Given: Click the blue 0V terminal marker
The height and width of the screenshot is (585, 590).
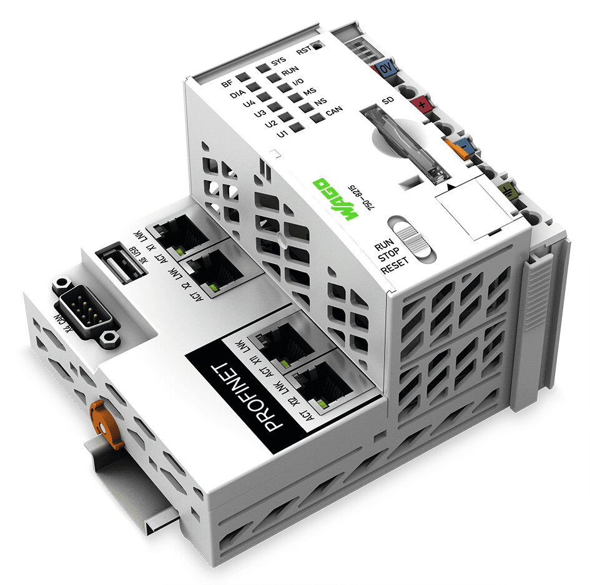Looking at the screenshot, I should (385, 67).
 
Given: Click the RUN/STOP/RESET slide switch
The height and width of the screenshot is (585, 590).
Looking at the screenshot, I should (414, 237).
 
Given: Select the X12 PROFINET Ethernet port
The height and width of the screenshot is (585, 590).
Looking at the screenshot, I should (322, 378).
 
